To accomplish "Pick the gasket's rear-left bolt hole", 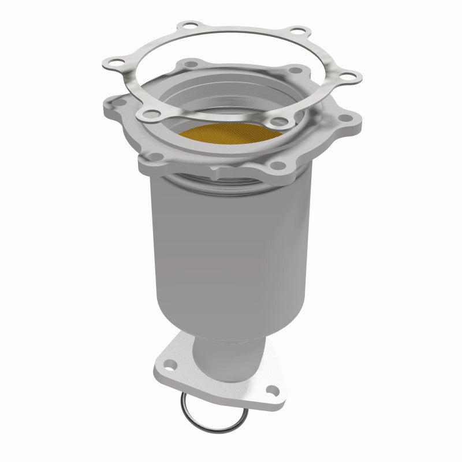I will pos(185,27).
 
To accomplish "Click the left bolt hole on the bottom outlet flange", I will pos(171,365).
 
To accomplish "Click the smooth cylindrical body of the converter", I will pos(231,248).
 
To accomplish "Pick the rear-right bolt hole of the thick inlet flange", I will pos(297,71).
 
